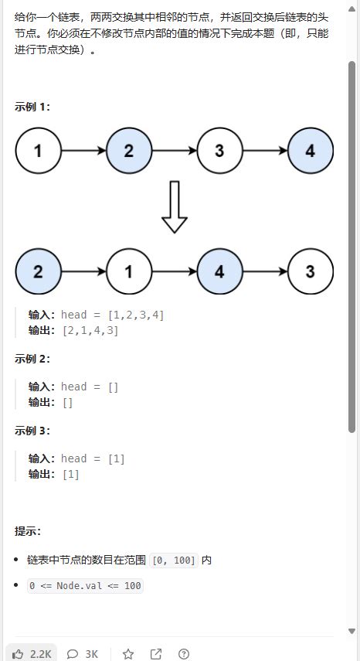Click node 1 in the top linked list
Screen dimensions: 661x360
tap(38, 151)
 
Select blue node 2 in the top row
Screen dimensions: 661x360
tap(128, 151)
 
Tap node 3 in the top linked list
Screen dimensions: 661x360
tap(219, 151)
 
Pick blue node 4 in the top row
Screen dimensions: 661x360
tap(310, 151)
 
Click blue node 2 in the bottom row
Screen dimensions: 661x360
tap(38, 271)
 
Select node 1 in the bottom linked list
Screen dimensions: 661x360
tap(128, 271)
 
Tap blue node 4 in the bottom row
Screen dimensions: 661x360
tap(219, 271)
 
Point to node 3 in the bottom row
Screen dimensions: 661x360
tap(310, 271)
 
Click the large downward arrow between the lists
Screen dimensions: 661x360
tap(175, 206)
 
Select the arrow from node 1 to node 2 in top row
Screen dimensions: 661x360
tap(83, 151)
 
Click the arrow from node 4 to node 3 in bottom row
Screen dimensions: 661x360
tap(264, 271)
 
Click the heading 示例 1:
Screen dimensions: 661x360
tap(32, 107)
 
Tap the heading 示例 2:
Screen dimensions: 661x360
tap(32, 359)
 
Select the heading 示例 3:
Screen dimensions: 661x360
tap(32, 431)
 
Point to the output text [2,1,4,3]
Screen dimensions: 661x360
tap(90, 330)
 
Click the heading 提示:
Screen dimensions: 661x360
tap(28, 531)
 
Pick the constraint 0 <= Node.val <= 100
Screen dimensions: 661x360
tap(85, 586)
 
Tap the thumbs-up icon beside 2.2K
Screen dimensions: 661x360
tap(19, 654)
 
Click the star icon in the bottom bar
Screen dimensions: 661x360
tap(128, 654)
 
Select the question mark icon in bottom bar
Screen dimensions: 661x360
tap(184, 654)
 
